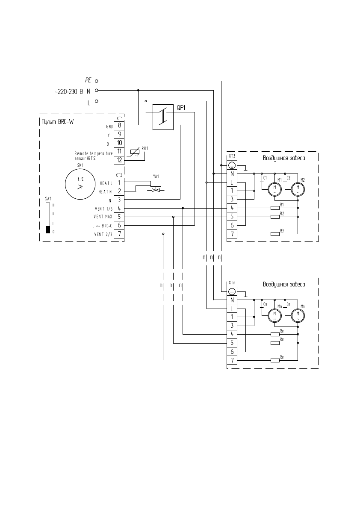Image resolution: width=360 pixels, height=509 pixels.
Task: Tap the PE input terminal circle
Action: click(96, 80)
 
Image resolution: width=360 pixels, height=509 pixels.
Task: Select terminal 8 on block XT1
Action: click(119, 125)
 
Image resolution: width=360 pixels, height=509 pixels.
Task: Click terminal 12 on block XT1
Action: click(119, 160)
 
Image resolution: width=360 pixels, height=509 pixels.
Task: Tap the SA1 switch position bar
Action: click(48, 218)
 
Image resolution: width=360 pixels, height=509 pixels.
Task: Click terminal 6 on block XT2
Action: click(119, 225)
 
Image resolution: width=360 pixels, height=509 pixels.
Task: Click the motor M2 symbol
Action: click(296, 188)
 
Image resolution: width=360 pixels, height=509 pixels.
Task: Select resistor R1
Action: click(275, 208)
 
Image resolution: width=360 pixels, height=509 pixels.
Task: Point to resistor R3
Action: click(275, 234)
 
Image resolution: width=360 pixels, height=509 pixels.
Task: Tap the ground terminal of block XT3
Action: click(232, 165)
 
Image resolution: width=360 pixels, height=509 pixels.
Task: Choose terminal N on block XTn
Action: click(232, 300)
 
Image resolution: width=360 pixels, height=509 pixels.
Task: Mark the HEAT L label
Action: click(105, 183)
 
